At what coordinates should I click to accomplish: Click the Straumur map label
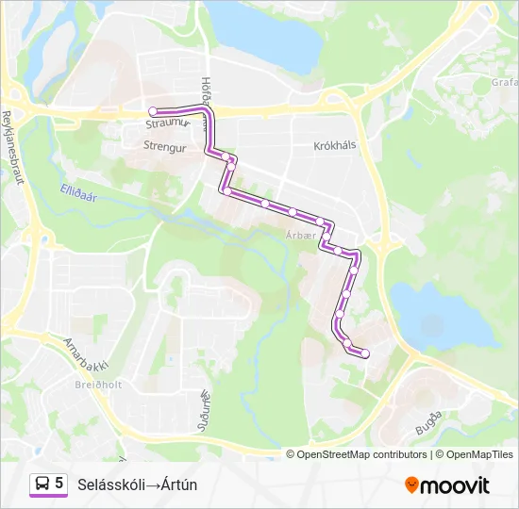point(168,123)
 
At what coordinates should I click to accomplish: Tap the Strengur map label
point(166,146)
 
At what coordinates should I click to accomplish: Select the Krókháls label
point(337,146)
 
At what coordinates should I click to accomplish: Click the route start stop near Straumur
point(153,111)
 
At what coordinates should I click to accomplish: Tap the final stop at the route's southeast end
point(365,353)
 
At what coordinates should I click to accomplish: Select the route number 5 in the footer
point(59,484)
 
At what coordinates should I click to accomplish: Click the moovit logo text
point(457,485)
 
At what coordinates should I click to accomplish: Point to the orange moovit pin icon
point(411,485)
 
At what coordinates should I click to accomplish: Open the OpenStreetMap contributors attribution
point(361,454)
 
